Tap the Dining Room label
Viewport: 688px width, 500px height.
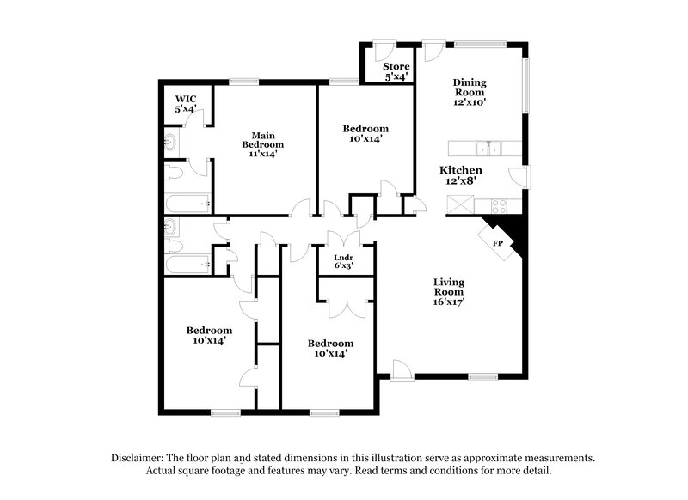470,88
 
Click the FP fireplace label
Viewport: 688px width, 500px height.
497,243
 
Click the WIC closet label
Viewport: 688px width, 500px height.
186,100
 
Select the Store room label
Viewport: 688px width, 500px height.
396,66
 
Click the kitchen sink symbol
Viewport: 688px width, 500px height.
492,149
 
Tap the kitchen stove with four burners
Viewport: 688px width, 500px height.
499,205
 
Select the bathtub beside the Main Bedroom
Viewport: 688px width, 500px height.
187,204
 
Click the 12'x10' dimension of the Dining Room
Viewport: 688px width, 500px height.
470,101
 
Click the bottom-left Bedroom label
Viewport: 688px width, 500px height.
209,331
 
